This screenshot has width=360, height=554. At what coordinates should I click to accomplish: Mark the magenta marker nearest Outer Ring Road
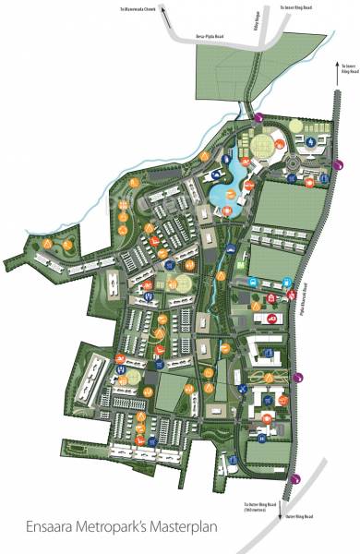(x=295, y=477)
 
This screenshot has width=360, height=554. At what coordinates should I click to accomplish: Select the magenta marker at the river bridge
(x=259, y=116)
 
